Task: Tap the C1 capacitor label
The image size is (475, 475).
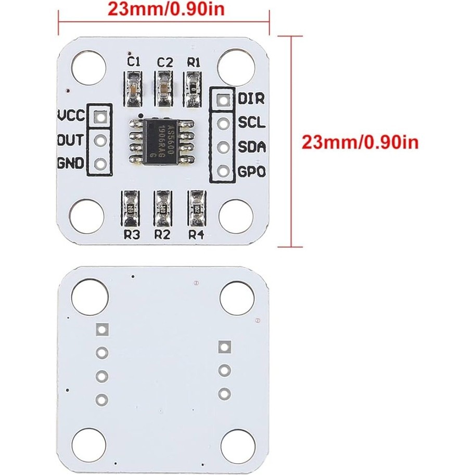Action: (x=134, y=62)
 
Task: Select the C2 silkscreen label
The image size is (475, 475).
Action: (x=164, y=62)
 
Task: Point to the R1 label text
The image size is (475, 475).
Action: (x=194, y=62)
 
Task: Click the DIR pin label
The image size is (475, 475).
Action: (x=251, y=98)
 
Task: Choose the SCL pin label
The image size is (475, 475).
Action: (x=252, y=123)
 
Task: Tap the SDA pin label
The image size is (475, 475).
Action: (x=252, y=147)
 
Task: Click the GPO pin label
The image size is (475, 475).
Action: (x=252, y=171)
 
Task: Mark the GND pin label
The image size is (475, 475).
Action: (x=71, y=164)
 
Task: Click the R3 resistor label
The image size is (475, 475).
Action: (x=132, y=235)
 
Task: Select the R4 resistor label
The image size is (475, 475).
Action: (x=196, y=235)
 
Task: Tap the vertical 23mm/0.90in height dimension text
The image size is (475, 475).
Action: (x=360, y=142)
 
